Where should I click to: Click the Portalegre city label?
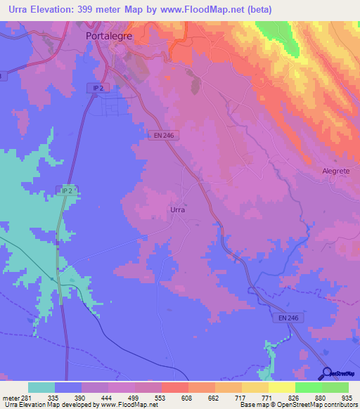pos(108,35)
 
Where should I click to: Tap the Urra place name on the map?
pos(178,209)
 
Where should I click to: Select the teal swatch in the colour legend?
pos(41,387)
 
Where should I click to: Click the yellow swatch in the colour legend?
pos(282,387)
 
